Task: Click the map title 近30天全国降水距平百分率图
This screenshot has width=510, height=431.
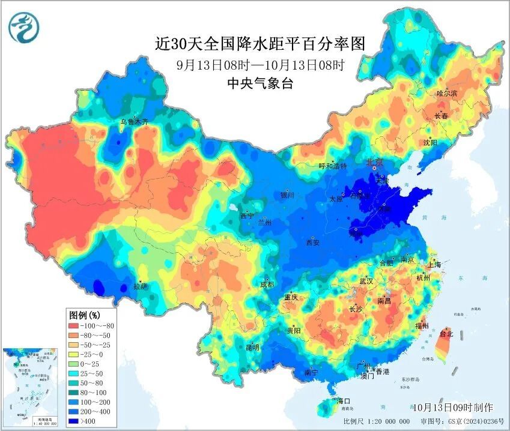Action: [260, 44]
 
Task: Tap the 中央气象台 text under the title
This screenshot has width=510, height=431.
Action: [260, 84]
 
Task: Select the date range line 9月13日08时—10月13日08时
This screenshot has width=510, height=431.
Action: [260, 65]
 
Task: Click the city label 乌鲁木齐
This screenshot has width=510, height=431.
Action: [133, 122]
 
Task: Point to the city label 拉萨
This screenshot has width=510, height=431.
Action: [141, 286]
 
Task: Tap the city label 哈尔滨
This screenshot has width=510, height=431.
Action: [446, 93]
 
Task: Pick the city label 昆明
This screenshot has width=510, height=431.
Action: [252, 347]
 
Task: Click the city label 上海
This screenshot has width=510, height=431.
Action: [434, 264]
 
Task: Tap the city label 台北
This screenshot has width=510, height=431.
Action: [446, 333]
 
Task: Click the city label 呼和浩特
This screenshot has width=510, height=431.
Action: [332, 166]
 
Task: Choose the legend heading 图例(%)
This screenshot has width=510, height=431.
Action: [85, 315]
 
